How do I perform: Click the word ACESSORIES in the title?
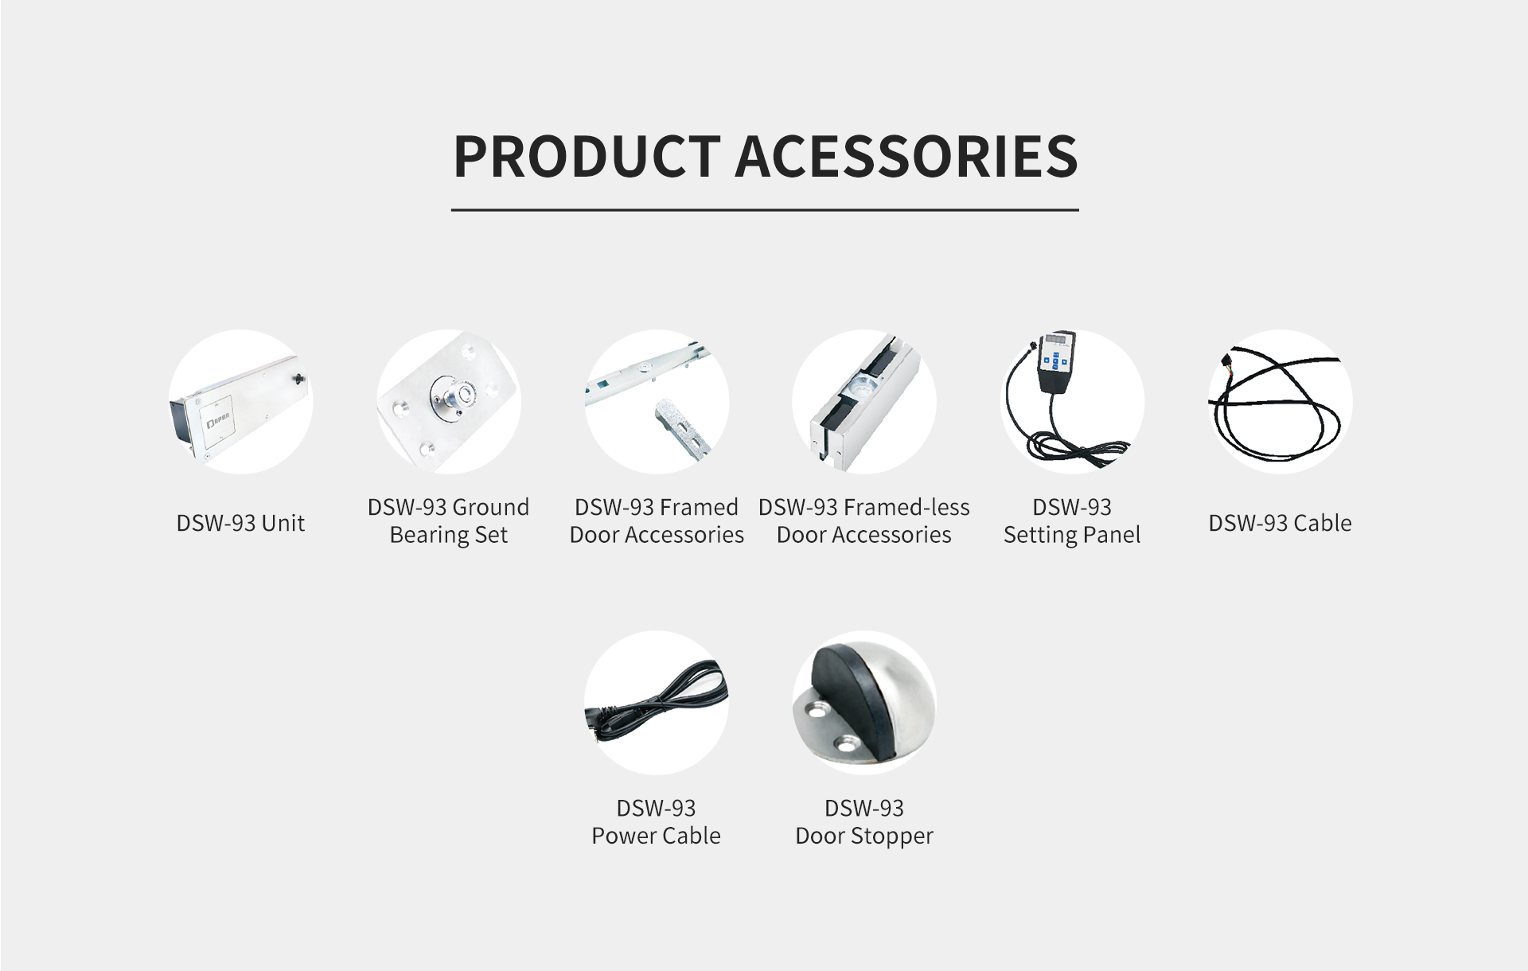click(906, 156)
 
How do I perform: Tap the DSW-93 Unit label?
click(240, 523)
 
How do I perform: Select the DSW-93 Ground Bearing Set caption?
click(448, 521)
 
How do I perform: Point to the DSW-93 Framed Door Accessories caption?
click(657, 521)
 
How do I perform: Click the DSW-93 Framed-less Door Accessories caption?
click(864, 521)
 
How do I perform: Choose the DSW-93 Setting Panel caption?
click(1072, 521)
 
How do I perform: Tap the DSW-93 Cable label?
click(1280, 523)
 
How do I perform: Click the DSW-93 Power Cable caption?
click(657, 821)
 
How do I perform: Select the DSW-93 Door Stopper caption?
click(864, 821)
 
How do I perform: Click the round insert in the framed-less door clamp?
click(861, 388)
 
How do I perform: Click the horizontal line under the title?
click(765, 210)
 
